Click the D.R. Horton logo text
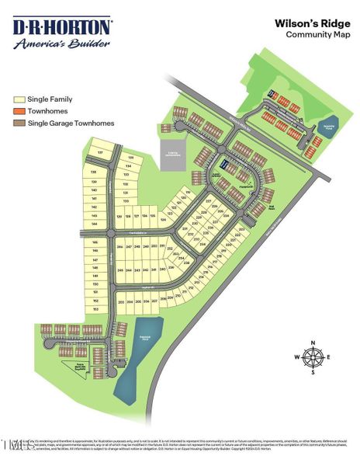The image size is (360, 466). point(61,27)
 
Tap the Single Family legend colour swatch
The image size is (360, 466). point(20,100)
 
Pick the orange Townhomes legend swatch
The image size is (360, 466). point(20,112)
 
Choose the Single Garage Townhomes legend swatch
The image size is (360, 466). point(20,123)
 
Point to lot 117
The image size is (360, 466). point(99,152)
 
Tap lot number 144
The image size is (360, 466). point(94,224)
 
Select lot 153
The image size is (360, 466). point(95,309)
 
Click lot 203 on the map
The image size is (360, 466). point(120,301)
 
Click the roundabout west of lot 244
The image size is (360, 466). point(111,233)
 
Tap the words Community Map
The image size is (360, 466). point(313,36)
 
